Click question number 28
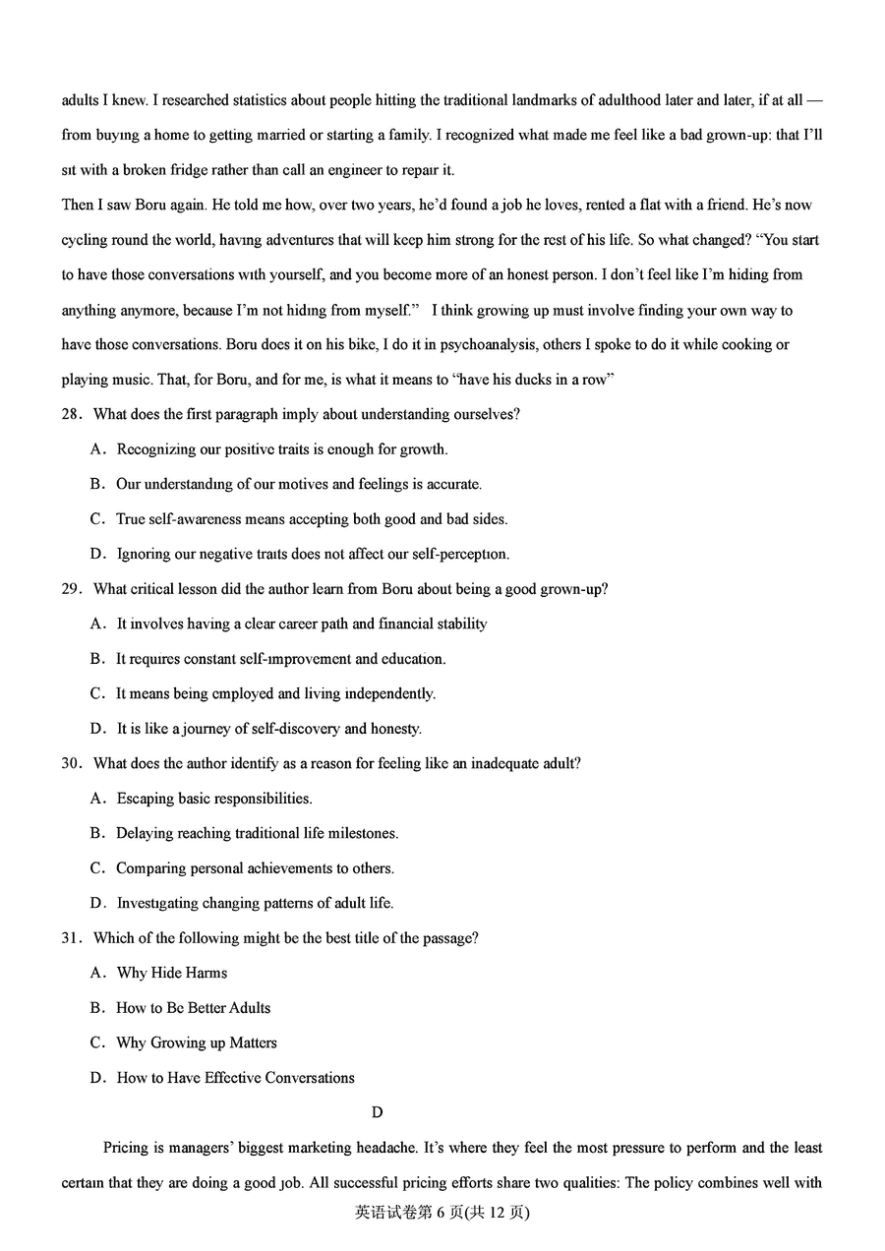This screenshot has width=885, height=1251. coord(70,414)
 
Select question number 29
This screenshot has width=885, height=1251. coord(70,589)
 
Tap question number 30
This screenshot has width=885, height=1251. coord(70,763)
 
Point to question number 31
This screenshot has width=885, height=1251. coord(70,938)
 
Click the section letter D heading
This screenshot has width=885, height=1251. coord(377,1112)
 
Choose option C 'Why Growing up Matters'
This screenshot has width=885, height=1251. coord(196,1042)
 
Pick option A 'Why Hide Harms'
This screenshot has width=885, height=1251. coord(171,973)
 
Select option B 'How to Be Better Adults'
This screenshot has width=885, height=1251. coord(193,1008)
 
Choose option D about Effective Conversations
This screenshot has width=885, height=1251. coord(235,1078)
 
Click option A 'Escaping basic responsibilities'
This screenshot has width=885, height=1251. coord(213,799)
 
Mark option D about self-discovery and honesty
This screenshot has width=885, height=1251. coord(268,729)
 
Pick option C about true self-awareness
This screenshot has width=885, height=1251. coord(311,519)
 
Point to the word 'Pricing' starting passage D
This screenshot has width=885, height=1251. coord(125,1148)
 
